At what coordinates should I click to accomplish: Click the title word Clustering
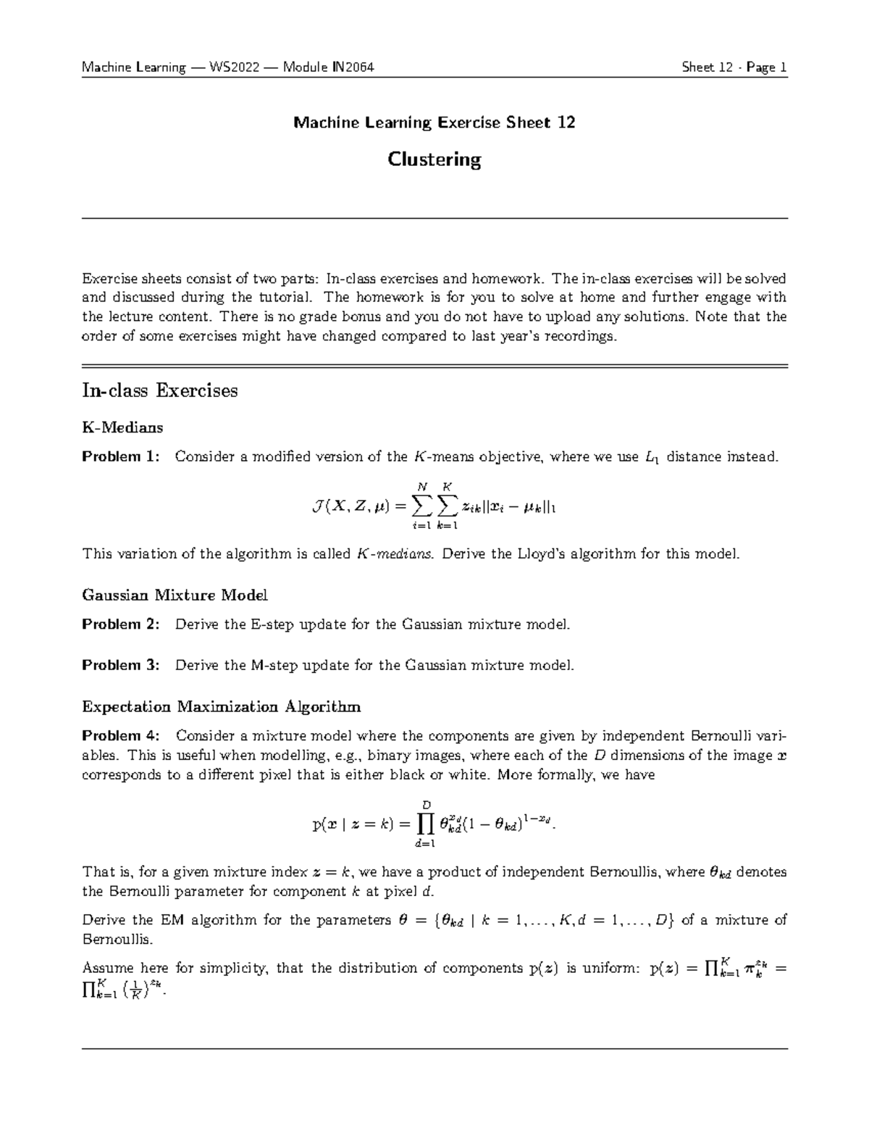point(434,159)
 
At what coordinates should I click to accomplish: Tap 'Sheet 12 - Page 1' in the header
point(734,67)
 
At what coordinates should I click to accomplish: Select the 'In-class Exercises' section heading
point(160,391)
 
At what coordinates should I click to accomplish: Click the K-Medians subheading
point(122,427)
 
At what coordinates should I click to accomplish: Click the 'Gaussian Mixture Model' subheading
point(175,595)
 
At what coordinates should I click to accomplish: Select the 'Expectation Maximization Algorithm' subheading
point(222,706)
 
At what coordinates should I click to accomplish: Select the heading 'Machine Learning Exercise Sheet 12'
point(434,122)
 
